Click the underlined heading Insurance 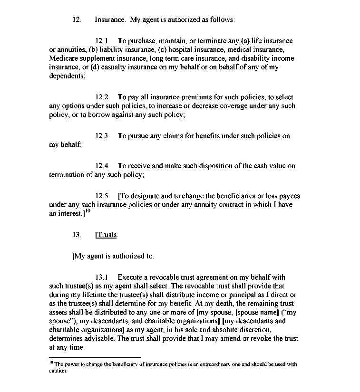coord(109,20)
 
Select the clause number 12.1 coord(101,41)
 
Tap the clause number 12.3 coord(101,136)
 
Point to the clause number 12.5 coord(101,196)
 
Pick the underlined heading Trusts coord(107,235)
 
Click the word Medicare coord(63,58)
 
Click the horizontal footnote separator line coord(95,357)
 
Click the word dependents coord(67,76)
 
